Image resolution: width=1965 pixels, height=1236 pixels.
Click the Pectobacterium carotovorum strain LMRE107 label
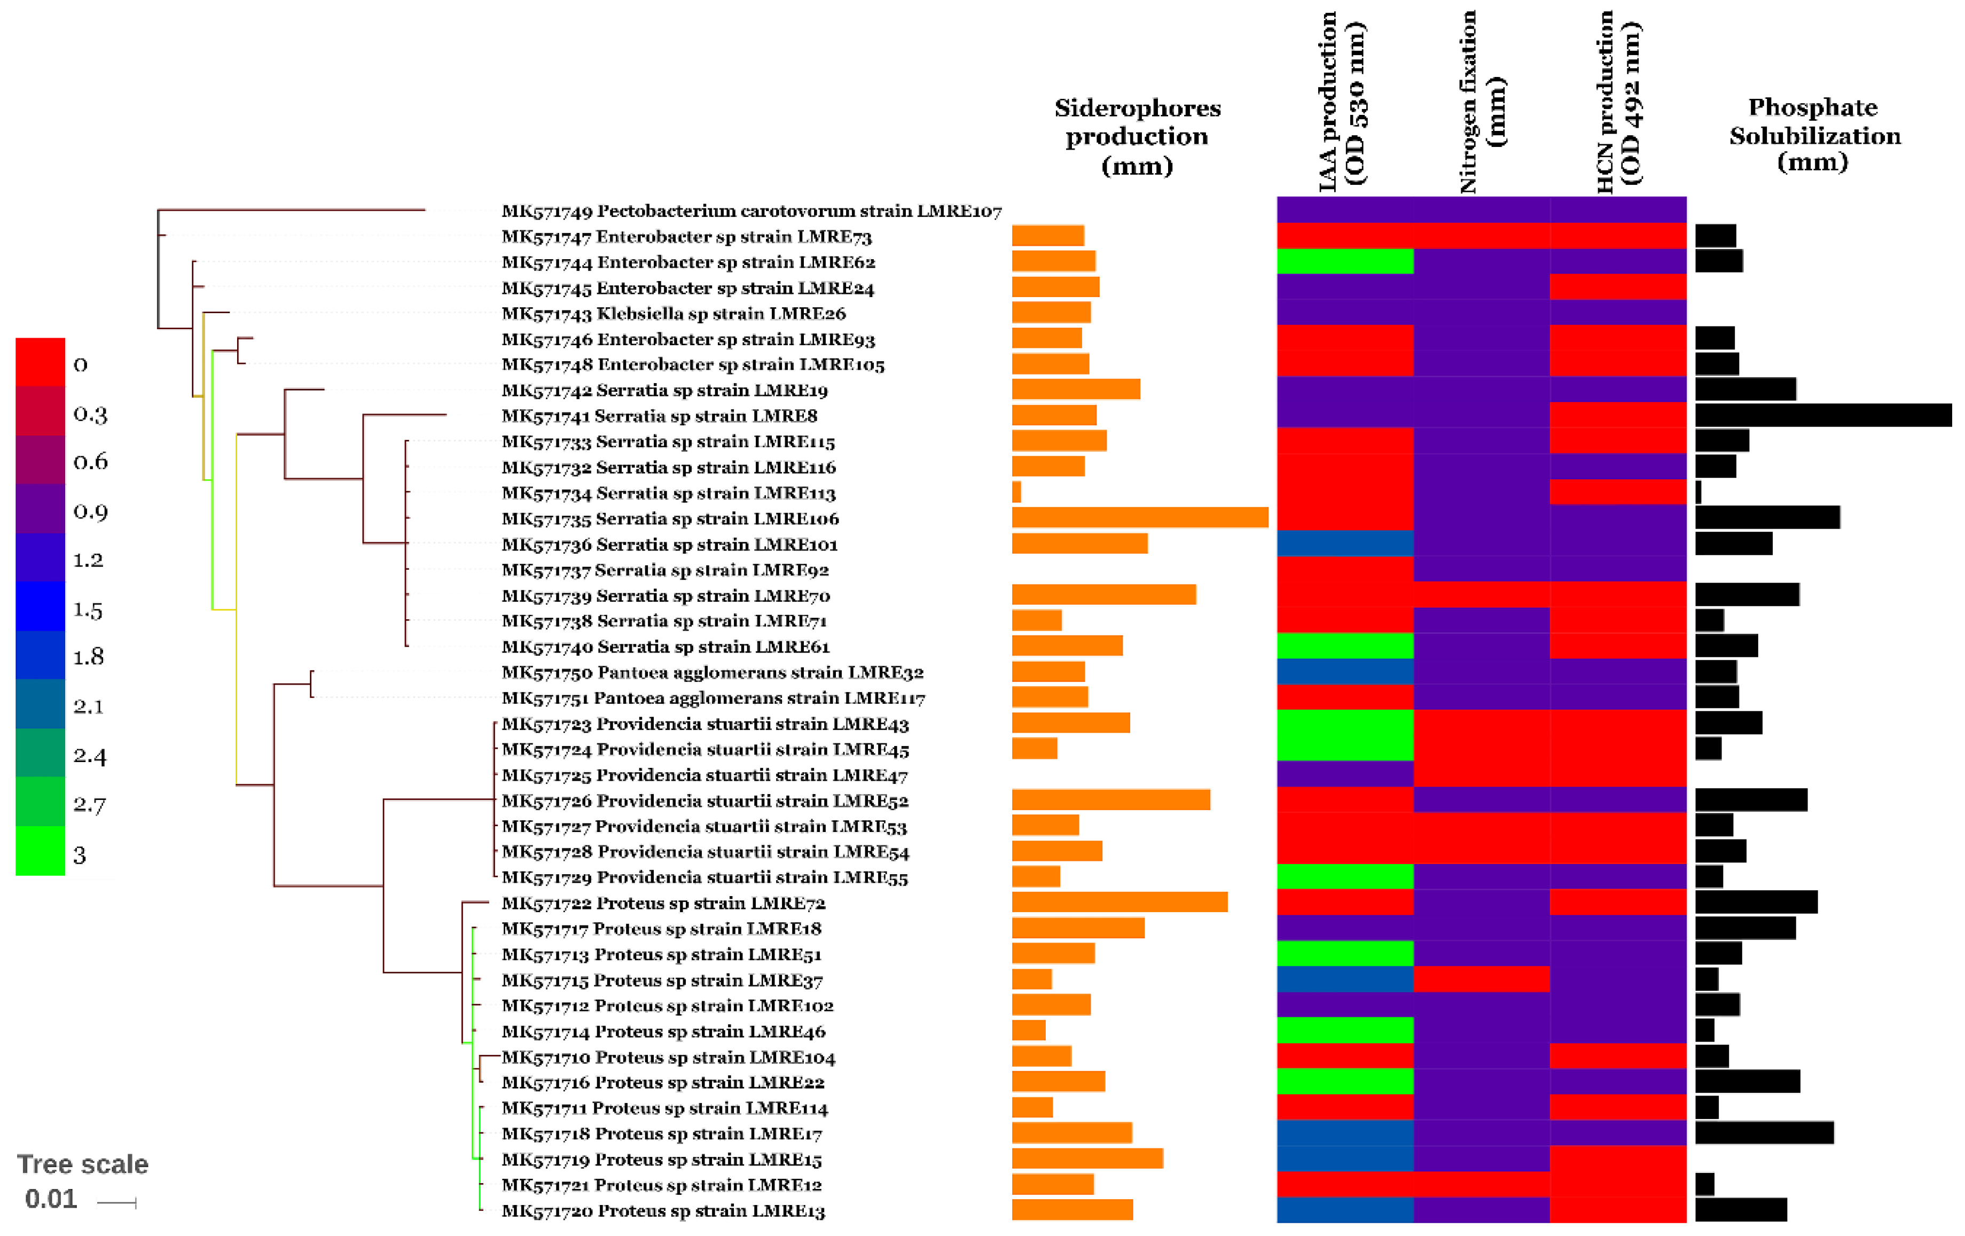(751, 211)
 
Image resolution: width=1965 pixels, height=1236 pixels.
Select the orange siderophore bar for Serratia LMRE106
(1139, 518)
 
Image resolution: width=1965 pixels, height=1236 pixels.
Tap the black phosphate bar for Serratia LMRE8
(1822, 415)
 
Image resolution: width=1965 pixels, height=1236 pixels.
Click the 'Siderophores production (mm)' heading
(1137, 136)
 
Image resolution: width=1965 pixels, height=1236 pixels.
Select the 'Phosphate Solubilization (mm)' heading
(1814, 135)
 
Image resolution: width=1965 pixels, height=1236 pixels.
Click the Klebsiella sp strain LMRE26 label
(673, 314)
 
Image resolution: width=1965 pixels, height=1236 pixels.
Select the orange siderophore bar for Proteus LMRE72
(1119, 902)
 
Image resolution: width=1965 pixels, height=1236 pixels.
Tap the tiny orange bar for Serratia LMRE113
(1016, 492)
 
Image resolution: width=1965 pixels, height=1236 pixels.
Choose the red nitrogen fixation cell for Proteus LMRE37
(1481, 979)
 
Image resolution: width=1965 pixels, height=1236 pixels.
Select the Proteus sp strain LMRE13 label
(663, 1211)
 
